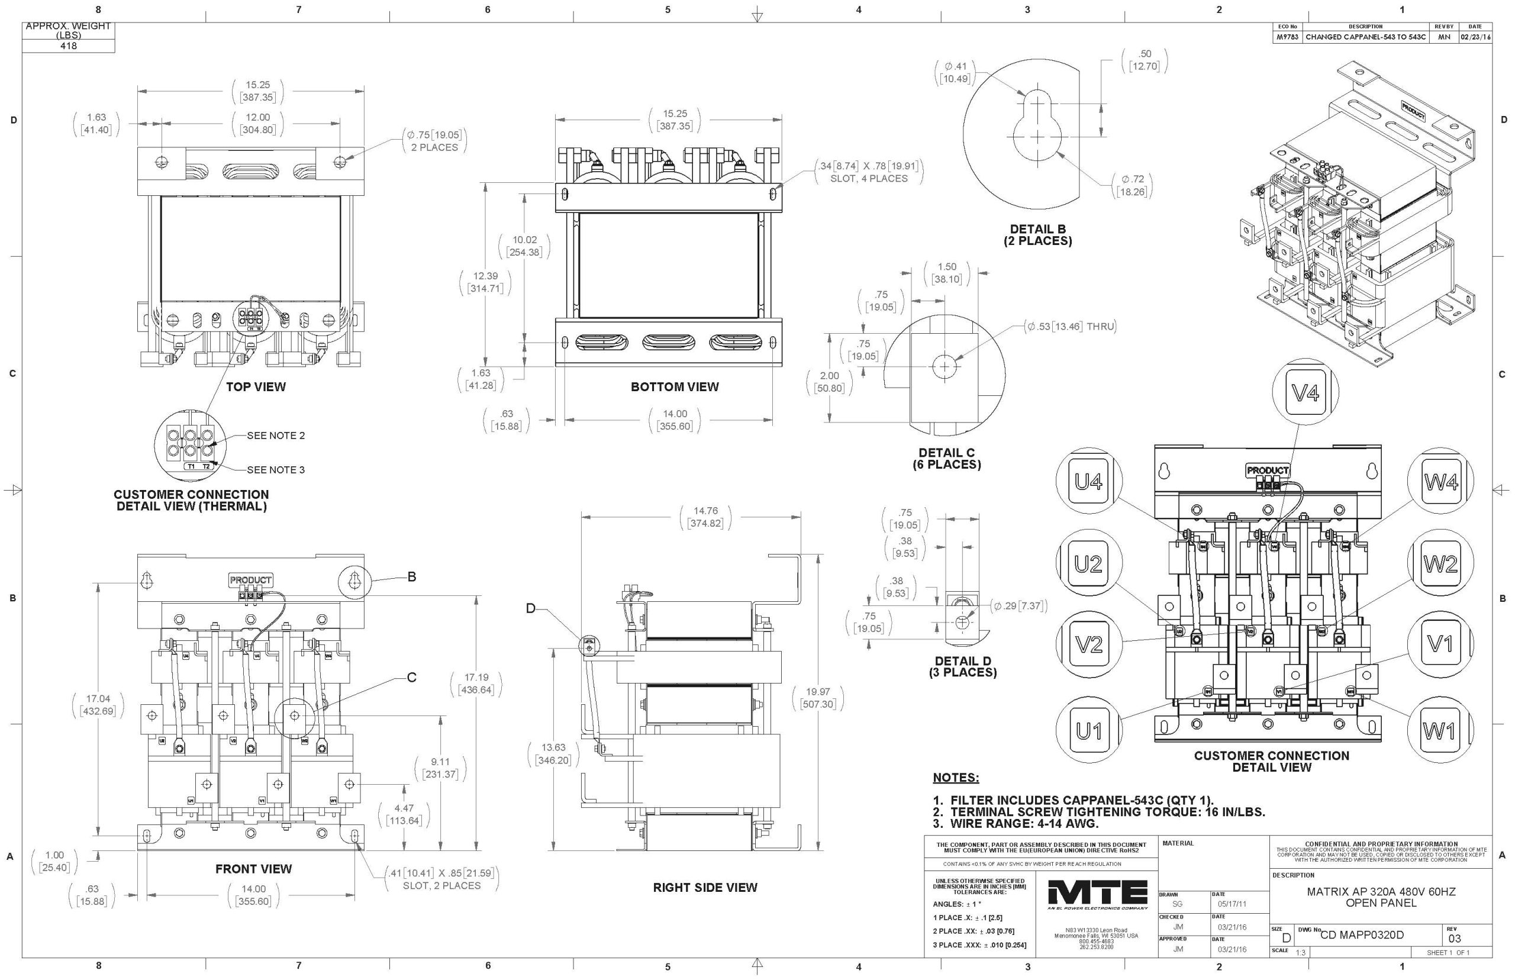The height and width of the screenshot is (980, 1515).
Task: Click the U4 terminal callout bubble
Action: point(1089,482)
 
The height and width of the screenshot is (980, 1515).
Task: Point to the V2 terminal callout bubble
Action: point(1089,644)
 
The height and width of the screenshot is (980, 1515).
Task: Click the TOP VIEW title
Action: point(256,387)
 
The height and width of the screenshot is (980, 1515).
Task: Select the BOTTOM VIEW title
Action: point(675,387)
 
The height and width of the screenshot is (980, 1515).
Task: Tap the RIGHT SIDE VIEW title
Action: point(705,888)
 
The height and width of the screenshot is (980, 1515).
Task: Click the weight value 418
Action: point(68,46)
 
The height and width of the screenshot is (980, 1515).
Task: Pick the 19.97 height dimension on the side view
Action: point(818,698)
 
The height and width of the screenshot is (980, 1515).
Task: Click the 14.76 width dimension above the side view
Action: point(705,517)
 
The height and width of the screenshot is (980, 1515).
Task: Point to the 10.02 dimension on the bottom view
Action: point(525,246)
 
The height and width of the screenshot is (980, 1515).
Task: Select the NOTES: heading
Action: point(956,778)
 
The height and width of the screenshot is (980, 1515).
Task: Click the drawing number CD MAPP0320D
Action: point(1362,935)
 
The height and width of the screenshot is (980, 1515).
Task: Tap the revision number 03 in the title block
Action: point(1455,939)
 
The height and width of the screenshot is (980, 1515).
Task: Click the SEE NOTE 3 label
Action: point(276,470)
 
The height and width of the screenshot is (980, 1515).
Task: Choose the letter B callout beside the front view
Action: point(412,576)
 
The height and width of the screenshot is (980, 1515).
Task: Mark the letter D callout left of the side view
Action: point(531,609)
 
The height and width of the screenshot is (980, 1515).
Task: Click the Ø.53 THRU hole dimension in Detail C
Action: point(1071,327)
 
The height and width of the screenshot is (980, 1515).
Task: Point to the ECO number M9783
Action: point(1287,37)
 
